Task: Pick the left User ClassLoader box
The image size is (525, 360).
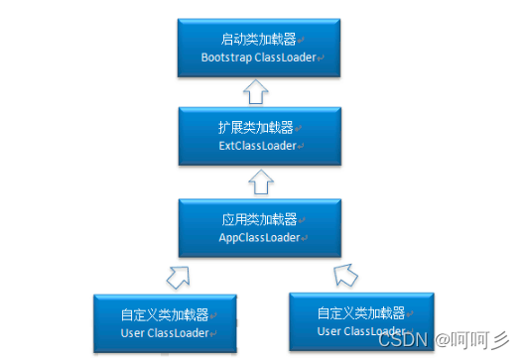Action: [x=164, y=322]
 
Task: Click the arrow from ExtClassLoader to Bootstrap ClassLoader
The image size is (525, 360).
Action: [x=257, y=92]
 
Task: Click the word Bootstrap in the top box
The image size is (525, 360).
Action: [x=225, y=58]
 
